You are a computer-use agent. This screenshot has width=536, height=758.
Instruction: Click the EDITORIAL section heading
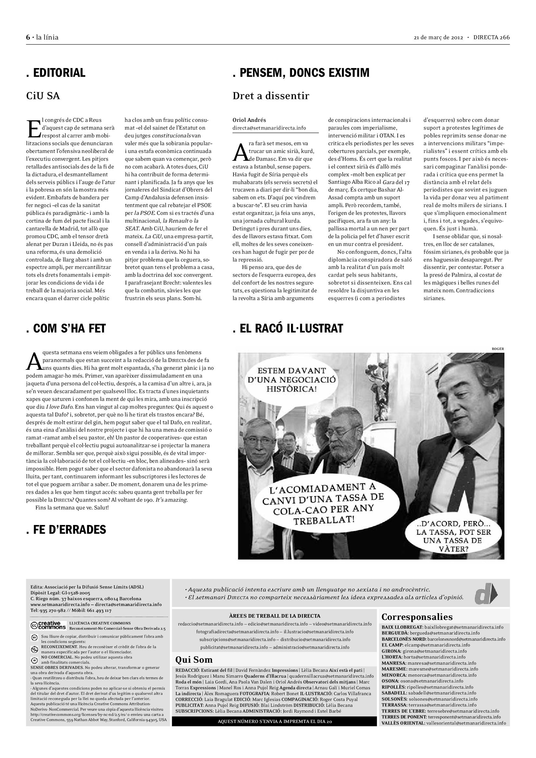pyautogui.click(x=56, y=73)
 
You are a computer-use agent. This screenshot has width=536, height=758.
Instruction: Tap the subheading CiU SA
pyautogui.click(x=43, y=96)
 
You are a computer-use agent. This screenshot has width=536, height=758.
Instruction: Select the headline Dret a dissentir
pyautogui.click(x=271, y=96)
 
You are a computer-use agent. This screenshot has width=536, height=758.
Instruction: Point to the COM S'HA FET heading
pyautogui.click(x=66, y=329)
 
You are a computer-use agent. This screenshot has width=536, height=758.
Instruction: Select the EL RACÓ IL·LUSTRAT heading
pyautogui.click(x=288, y=329)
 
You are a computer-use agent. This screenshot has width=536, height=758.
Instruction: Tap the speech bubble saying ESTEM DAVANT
pyautogui.click(x=292, y=380)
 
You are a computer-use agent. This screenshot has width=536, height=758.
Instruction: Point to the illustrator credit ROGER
pyautogui.click(x=498, y=349)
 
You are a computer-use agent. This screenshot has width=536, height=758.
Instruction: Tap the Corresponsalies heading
pyautogui.click(x=417, y=617)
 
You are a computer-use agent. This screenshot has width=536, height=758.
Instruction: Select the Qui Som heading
pyautogui.click(x=194, y=660)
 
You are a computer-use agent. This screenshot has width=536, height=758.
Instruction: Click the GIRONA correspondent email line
pyautogui.click(x=424, y=651)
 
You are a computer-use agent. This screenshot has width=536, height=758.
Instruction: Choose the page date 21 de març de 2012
pyautogui.click(x=438, y=37)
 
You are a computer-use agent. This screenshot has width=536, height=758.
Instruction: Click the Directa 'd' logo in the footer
pyautogui.click(x=485, y=594)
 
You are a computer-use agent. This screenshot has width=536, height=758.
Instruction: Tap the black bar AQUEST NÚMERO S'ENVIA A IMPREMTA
pyautogui.click(x=274, y=721)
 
